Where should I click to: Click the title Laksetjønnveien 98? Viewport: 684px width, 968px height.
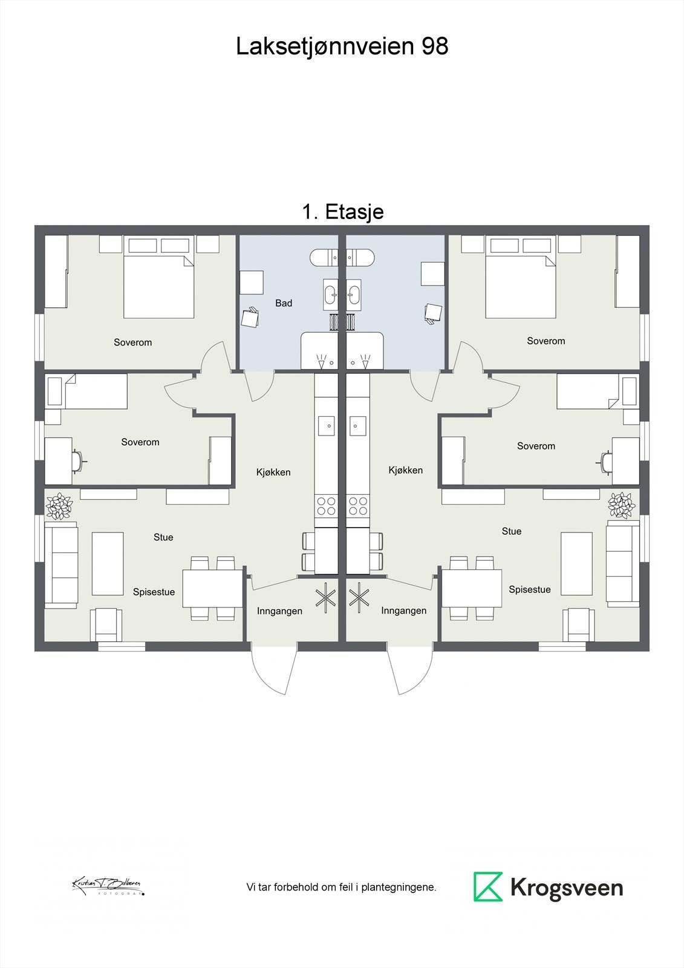tap(342, 47)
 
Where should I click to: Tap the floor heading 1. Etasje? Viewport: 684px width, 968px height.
tap(342, 212)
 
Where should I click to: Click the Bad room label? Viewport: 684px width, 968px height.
tap(283, 303)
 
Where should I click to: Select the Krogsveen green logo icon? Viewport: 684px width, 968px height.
tap(487, 887)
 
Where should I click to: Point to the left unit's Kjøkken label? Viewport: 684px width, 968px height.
tap(273, 472)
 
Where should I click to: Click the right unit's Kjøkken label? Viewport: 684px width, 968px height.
tap(405, 470)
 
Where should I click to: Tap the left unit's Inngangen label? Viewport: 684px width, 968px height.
tap(279, 611)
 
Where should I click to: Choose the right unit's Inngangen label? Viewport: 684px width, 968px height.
tap(403, 611)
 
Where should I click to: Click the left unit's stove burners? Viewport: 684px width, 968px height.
tap(327, 506)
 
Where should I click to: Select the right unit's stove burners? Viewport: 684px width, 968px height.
tap(358, 506)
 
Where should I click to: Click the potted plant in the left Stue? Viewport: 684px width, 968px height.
tap(59, 506)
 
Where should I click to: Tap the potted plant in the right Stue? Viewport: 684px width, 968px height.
tap(621, 505)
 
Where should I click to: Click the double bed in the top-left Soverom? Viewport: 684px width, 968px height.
tap(159, 286)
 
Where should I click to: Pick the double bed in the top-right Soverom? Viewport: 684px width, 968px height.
tap(521, 286)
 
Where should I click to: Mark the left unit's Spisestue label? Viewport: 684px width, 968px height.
tap(154, 592)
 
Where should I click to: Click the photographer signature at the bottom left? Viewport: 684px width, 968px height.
tap(108, 886)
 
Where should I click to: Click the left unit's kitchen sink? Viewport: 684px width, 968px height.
tap(327, 425)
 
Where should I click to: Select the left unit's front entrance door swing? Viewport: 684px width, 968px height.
tap(271, 672)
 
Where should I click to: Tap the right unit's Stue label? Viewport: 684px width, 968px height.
tap(511, 531)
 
